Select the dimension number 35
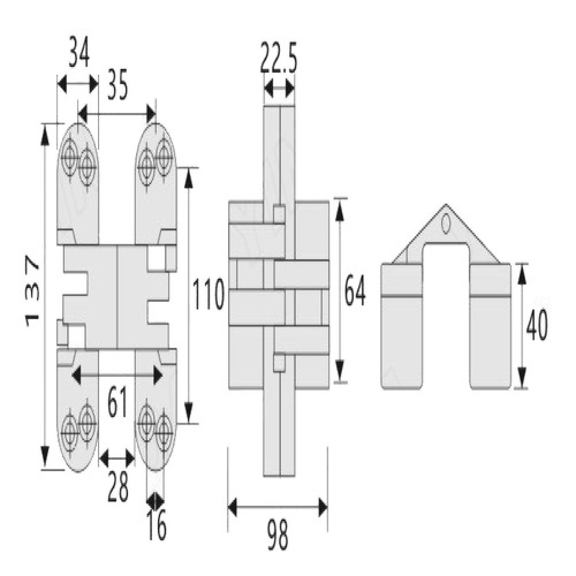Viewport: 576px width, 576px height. pyautogui.click(x=118, y=86)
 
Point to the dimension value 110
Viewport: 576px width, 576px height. pyautogui.click(x=209, y=294)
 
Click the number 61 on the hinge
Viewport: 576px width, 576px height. pyautogui.click(x=118, y=403)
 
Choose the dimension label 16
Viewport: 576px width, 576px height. pyautogui.click(x=157, y=525)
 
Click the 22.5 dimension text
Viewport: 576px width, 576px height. pyautogui.click(x=278, y=58)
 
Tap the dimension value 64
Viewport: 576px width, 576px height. pyautogui.click(x=355, y=290)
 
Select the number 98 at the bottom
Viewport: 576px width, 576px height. pyautogui.click(x=278, y=533)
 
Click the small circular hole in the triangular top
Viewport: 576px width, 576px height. pyautogui.click(x=446, y=225)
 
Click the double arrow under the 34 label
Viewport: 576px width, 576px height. pyautogui.click(x=78, y=85)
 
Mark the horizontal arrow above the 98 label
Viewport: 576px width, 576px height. pyautogui.click(x=278, y=507)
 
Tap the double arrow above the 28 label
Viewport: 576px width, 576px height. pyautogui.click(x=117, y=458)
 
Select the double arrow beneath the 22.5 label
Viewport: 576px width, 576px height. pyautogui.click(x=279, y=89)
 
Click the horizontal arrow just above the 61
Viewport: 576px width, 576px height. pyautogui.click(x=117, y=376)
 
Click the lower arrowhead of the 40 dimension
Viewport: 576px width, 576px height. pyautogui.click(x=523, y=376)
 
